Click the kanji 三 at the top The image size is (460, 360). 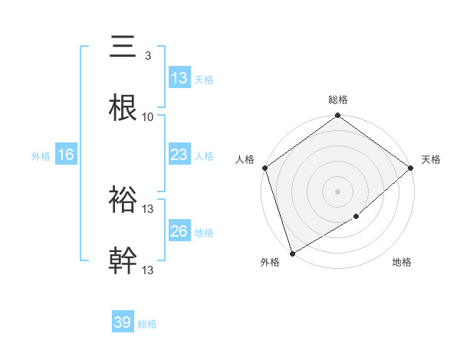click(123, 47)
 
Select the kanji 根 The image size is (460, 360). click(123, 108)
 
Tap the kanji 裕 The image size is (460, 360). click(123, 200)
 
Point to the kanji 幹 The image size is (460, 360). click(123, 261)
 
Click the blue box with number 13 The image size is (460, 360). click(179, 78)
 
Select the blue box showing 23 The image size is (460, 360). click(179, 155)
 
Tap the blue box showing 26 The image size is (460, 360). click(179, 231)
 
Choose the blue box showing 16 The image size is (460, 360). click(66, 155)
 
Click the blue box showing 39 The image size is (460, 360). click(123, 322)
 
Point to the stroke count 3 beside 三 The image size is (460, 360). click(147, 56)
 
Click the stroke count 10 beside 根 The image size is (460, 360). click(148, 117)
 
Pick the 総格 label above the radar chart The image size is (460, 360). click(338, 100)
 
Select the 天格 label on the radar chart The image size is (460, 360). click(431, 159)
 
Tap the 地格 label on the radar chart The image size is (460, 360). click(402, 263)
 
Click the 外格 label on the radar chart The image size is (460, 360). click(269, 263)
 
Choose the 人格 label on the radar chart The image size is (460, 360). click(245, 159)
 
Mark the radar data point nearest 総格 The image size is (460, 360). click(338, 116)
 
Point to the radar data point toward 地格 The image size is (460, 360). click(356, 217)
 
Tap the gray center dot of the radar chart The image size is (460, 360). click(338, 191)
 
